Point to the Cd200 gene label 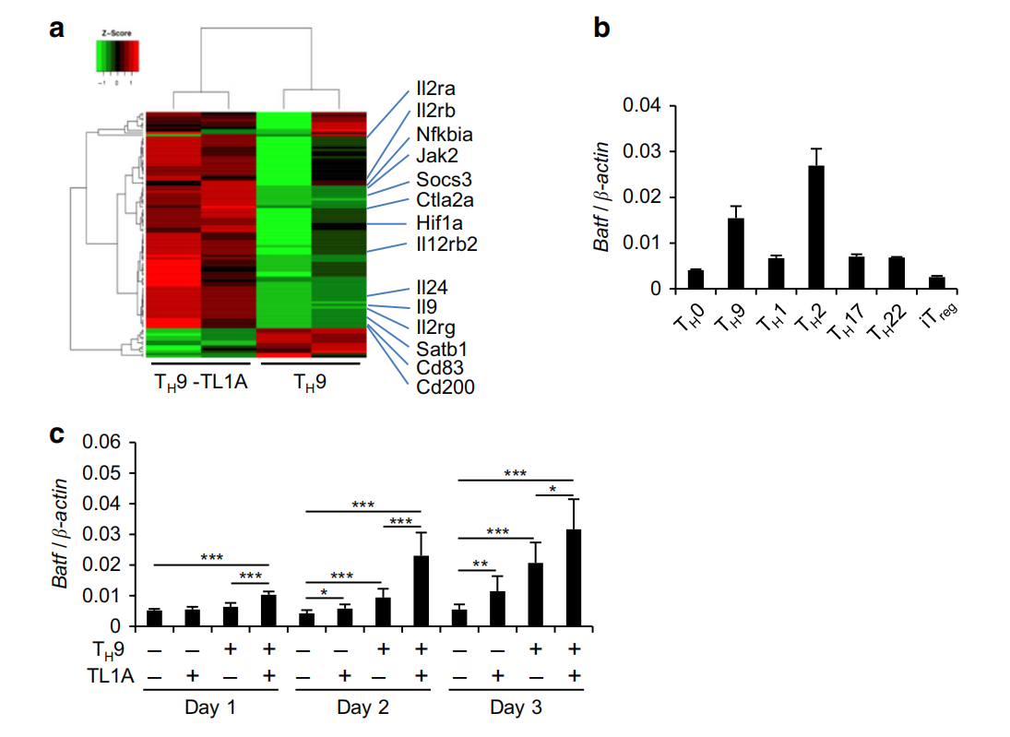coord(446,387)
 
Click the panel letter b coord(601,29)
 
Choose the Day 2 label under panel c coord(362,707)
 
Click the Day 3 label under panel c coord(516,707)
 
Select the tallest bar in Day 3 coord(573,577)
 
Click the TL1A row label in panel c coord(109,676)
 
